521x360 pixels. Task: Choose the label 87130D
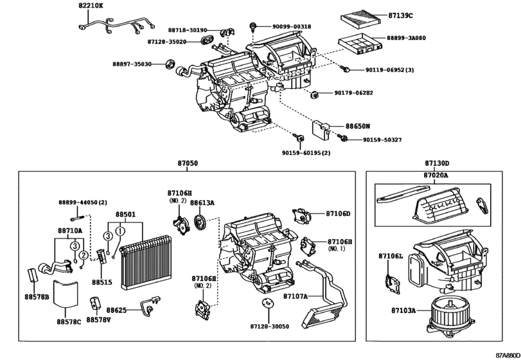pos(437,164)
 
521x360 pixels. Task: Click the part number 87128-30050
pos(265,327)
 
